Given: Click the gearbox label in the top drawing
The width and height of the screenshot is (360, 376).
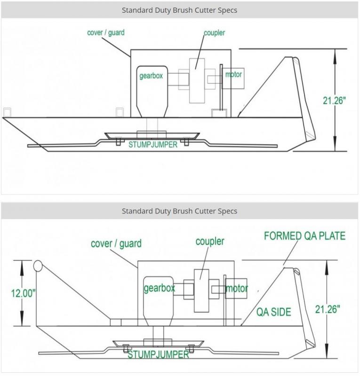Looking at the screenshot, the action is pos(151,76).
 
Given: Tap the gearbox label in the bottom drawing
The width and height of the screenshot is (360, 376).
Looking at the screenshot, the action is pos(159,288).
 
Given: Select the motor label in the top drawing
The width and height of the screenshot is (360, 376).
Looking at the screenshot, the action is pos(233,74).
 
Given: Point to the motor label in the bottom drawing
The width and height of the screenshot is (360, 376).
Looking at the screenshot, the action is pos(237,288).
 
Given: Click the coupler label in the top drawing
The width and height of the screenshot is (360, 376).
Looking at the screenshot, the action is pos(214,33).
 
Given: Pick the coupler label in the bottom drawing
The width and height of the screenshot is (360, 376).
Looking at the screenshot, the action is pos(210,242).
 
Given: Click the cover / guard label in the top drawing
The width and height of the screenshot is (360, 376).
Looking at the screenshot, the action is pos(106,32).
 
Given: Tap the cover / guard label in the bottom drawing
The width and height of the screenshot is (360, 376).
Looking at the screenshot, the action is pos(116,243).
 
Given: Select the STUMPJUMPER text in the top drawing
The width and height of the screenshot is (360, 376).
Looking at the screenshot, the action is pos(153,144).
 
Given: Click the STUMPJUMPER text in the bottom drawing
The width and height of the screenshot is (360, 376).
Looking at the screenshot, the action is pos(158,354).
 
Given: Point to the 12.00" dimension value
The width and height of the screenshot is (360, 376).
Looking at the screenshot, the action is pos(24,293).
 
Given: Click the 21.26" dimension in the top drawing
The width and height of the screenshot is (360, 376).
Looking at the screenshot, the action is pos(334,101).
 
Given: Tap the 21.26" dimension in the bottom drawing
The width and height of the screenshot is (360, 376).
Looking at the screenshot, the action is pos(328,309).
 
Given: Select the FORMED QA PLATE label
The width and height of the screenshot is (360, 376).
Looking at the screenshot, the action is pos(305,236).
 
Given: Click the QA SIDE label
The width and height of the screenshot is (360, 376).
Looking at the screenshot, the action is pos(274,312).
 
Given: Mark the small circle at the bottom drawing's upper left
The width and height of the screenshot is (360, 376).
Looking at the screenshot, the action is pos(38,266).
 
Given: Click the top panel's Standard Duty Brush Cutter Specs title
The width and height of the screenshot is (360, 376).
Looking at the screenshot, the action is pos(179,10).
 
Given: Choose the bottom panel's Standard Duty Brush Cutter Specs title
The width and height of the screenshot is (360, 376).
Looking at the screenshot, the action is pos(179,211).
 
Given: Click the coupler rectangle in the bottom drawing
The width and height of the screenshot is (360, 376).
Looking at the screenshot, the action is pos(201,290).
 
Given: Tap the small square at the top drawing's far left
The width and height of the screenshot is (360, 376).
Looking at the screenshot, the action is pos(7,112).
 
